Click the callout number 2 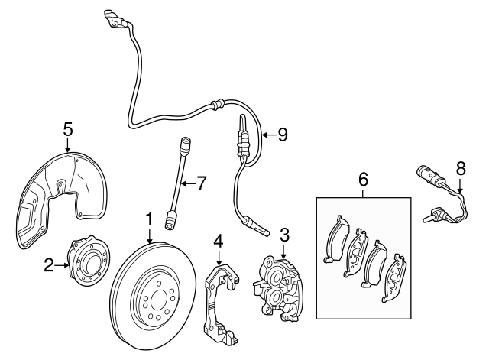tap(49, 266)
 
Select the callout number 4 tap(219, 242)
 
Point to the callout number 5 tap(67, 129)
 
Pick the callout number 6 tap(363, 180)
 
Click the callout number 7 tap(202, 183)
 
